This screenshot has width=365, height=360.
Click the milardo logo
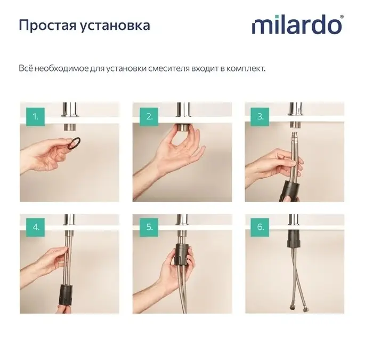point(297,25)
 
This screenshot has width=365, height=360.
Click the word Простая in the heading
point(48,26)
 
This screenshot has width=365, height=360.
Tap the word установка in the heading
point(115,26)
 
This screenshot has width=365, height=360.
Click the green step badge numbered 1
point(35,117)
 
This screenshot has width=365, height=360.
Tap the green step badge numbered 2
point(149,117)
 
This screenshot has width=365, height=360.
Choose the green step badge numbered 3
point(260,117)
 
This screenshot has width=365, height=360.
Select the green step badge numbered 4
point(35,227)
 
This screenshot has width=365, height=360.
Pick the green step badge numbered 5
point(149,227)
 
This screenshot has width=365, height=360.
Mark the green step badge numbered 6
point(260,227)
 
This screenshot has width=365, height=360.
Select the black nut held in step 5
point(183,255)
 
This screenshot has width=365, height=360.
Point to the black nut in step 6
point(294,238)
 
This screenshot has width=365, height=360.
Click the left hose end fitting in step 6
point(291,307)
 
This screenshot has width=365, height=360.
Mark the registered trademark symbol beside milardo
point(342,17)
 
